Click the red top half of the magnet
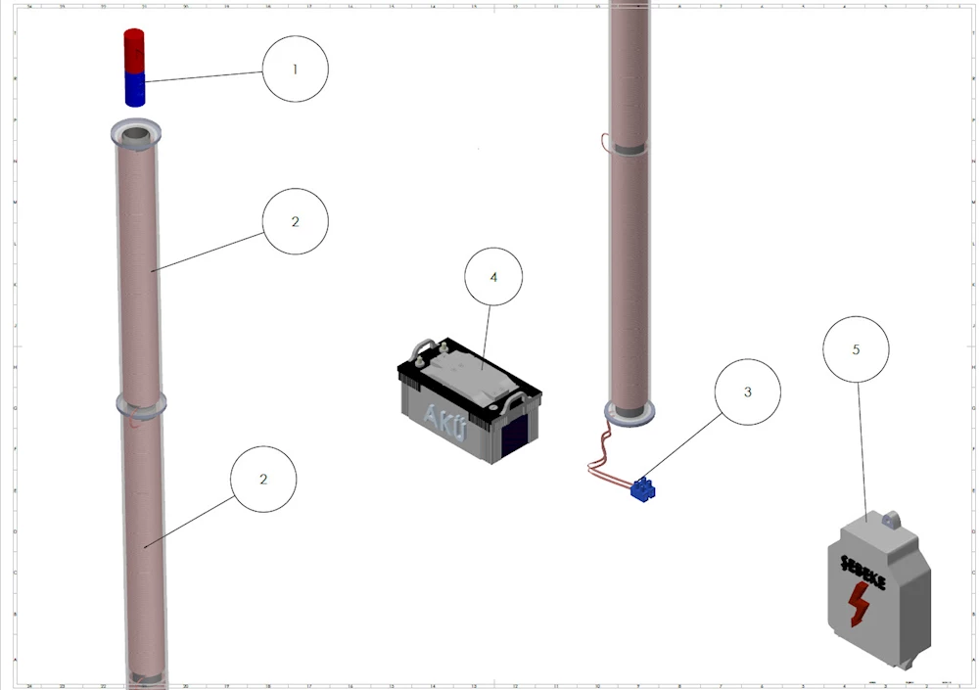click(134, 50)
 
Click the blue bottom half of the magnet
click(134, 89)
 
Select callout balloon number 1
click(295, 69)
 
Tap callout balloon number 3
click(748, 391)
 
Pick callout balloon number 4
click(493, 277)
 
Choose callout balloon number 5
click(857, 349)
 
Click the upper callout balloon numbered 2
click(295, 222)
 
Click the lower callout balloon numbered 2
click(262, 480)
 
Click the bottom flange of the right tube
click(628, 411)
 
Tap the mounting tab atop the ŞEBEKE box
click(890, 520)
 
